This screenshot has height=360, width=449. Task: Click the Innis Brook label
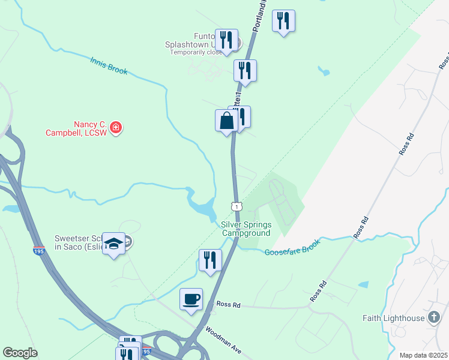click(x=109, y=65)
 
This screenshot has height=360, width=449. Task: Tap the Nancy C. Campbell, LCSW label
click(x=76, y=128)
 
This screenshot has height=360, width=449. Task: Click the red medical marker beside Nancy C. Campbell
click(x=116, y=128)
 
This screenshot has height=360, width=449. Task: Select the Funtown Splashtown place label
click(x=191, y=40)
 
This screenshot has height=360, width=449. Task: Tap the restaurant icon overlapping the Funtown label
click(x=226, y=40)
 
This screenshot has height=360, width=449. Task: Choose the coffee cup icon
click(x=191, y=299)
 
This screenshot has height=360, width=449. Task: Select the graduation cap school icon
click(x=113, y=244)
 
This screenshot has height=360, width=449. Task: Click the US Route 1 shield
click(x=237, y=206)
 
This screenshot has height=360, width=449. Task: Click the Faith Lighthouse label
click(x=394, y=317)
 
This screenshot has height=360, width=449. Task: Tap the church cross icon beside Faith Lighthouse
click(x=433, y=317)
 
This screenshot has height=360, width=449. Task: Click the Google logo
click(x=20, y=353)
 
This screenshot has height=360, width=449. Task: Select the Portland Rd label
click(x=259, y=17)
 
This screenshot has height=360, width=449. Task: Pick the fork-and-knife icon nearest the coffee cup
click(x=210, y=260)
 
